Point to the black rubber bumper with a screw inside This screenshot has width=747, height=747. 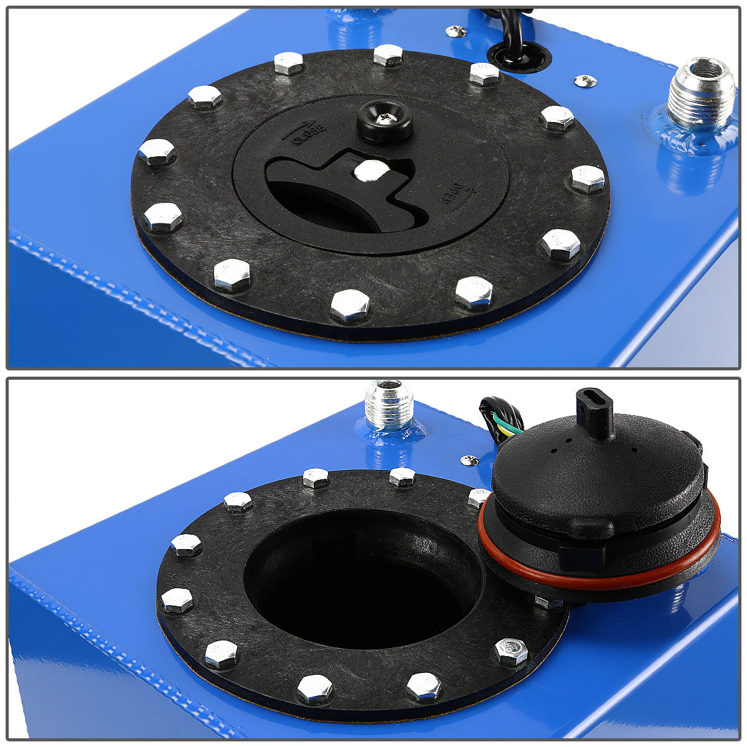[385, 120]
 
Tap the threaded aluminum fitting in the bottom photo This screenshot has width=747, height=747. [388, 405]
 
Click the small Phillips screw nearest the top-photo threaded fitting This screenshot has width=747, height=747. [585, 80]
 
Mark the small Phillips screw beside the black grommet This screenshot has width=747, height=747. [456, 30]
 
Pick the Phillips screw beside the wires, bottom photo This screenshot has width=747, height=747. [469, 461]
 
